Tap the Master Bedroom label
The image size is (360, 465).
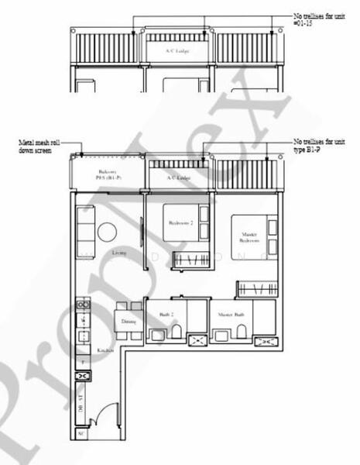click(x=248, y=237)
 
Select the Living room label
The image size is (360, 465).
click(x=119, y=253)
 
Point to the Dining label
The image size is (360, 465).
click(x=129, y=321)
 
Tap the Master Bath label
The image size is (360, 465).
click(x=231, y=315)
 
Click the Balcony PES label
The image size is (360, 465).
click(x=107, y=175)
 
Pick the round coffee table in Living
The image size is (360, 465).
click(x=108, y=232)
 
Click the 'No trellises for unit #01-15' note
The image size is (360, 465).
click(x=319, y=19)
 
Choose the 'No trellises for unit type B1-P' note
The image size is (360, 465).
click(x=319, y=146)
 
